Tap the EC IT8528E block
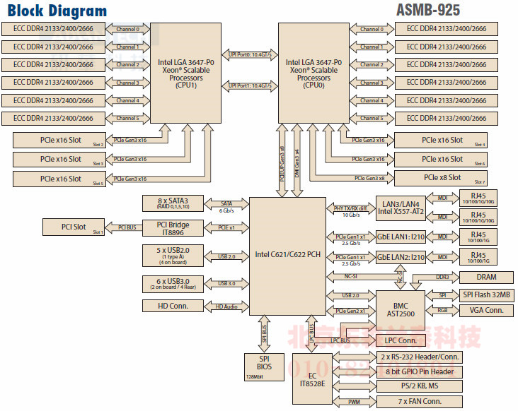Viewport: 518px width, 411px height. point(313,379)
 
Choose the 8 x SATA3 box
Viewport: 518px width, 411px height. point(173,204)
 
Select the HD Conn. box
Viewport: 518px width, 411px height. point(173,306)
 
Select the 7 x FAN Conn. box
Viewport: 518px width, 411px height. point(420,402)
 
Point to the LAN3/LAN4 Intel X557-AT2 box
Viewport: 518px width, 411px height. point(401,208)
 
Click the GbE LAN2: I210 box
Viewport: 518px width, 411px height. point(401,257)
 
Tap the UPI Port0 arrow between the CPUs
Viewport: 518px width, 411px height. point(250,54)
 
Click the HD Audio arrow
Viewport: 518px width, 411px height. point(226,306)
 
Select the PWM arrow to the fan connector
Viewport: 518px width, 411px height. point(354,402)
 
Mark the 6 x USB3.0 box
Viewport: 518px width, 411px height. point(173,282)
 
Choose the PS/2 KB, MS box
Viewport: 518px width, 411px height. point(420,386)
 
